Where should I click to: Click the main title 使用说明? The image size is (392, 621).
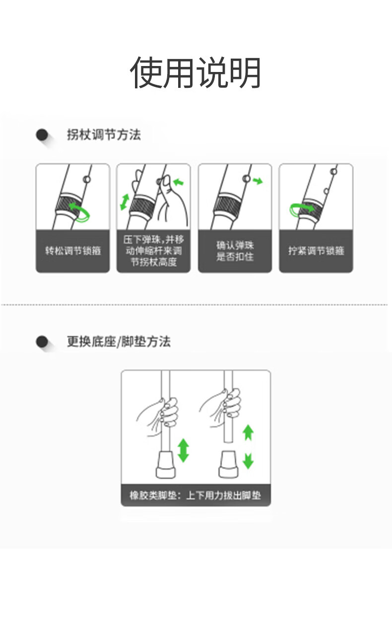[x=196, y=72]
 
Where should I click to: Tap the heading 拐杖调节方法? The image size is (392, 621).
[x=104, y=135]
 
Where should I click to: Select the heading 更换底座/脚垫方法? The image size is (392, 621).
[x=119, y=341]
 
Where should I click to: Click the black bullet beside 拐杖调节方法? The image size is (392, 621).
[x=42, y=135]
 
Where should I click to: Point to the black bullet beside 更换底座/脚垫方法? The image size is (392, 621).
[x=42, y=342]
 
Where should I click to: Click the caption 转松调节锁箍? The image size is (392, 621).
[x=73, y=251]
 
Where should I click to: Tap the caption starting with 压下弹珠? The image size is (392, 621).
[x=154, y=251]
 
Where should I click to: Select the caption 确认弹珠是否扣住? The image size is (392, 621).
[x=235, y=251]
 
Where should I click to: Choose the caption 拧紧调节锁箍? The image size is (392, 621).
[x=316, y=251]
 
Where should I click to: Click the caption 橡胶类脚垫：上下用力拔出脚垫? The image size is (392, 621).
[x=196, y=495]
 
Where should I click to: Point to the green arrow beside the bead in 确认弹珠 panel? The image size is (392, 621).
[x=258, y=181]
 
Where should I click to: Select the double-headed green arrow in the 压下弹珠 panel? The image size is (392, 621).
[x=125, y=202]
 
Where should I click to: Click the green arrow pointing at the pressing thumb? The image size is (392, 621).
[x=179, y=182]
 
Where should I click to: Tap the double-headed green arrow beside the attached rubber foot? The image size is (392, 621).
[x=183, y=450]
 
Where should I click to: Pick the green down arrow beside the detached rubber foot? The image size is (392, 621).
[x=248, y=461]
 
